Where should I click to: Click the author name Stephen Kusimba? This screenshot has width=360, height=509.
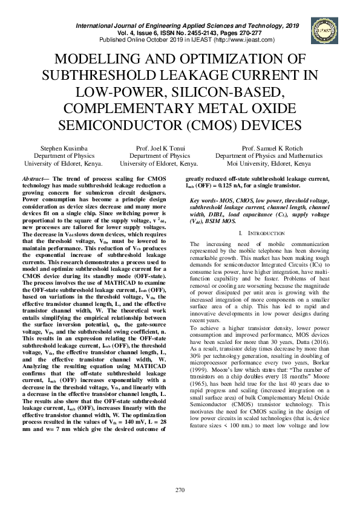coord(63,148)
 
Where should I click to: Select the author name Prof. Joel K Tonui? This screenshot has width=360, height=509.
coord(159,148)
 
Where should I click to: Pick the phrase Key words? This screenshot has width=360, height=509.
coord(204,201)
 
